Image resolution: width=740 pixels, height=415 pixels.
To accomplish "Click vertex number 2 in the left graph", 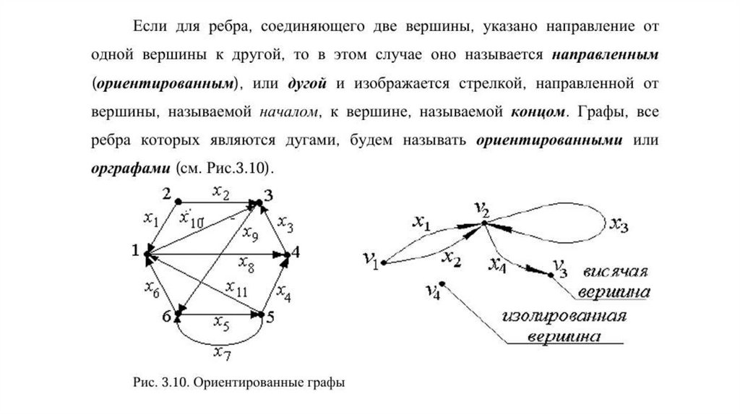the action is pyautogui.click(x=177, y=201).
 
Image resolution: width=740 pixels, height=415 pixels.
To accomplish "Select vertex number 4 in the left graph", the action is pyautogui.click(x=287, y=254).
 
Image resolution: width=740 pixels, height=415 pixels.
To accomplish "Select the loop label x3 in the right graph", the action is pyautogui.click(x=618, y=225).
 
